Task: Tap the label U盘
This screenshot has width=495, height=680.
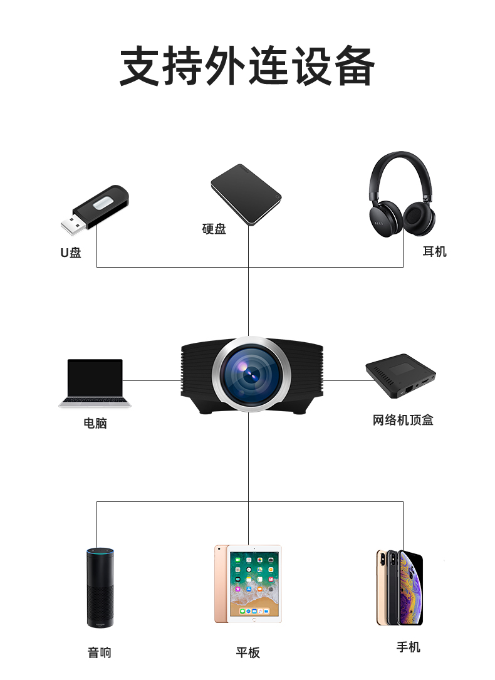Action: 71,253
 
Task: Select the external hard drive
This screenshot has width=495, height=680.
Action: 246,194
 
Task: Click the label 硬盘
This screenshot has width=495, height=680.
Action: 214,229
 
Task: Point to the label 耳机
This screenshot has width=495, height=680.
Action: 434,251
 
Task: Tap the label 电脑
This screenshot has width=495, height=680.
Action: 95,423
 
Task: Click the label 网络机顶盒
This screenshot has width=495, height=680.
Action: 403,420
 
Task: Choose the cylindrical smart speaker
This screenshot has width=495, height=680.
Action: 100,587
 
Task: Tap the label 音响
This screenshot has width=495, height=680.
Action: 99,652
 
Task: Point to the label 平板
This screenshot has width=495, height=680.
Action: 247,652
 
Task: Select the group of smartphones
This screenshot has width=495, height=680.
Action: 400,587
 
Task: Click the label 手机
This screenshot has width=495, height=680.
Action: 408,647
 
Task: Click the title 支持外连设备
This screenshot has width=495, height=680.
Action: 247,66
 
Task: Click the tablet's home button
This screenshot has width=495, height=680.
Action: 254,619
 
